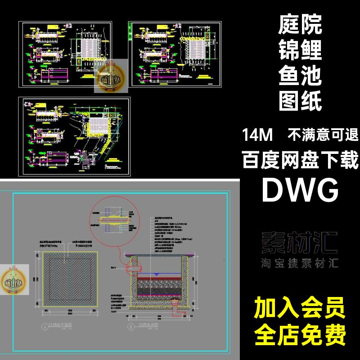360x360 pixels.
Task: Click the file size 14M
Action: pyautogui.click(x=256, y=134)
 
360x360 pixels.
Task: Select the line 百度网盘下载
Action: pyautogui.click(x=300, y=161)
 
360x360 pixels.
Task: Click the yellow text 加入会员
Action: pyautogui.click(x=300, y=310)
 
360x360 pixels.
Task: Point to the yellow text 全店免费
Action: pyautogui.click(x=300, y=335)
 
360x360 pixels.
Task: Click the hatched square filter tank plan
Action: pyautogui.click(x=67, y=278)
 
